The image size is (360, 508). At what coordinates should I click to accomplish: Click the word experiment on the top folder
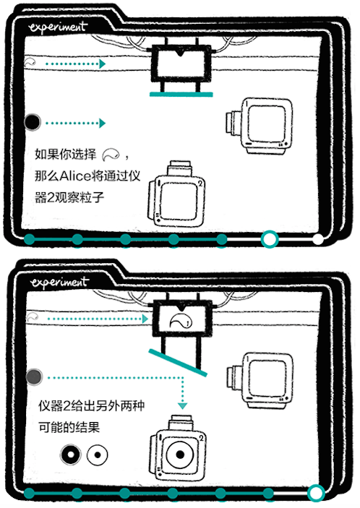[x=58, y=27]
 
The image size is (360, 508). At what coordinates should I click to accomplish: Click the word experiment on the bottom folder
[x=58, y=280]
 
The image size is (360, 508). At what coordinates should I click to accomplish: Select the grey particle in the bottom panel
[x=34, y=376]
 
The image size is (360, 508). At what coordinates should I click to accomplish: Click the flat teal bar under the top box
[x=181, y=94]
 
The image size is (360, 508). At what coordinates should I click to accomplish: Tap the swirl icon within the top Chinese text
[x=112, y=154]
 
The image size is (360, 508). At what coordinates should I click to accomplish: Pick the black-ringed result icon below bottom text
[x=70, y=455]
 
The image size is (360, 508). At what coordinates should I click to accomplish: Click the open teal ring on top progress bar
[x=270, y=238]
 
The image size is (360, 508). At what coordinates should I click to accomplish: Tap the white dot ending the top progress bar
[x=318, y=238]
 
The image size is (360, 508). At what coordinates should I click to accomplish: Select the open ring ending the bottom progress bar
[x=315, y=493]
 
